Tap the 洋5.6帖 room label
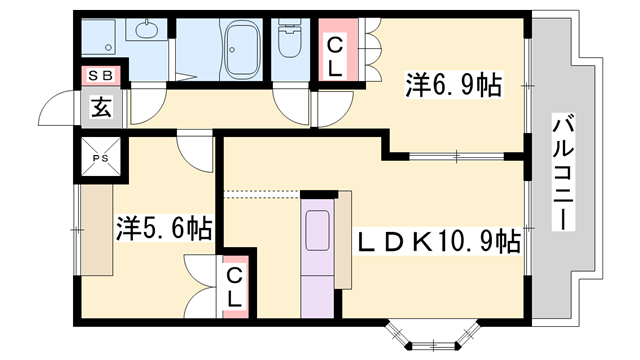pos(162,228)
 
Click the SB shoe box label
pos(101,74)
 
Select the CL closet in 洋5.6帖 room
pos(233,287)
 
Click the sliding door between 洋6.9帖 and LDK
pos(455,155)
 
